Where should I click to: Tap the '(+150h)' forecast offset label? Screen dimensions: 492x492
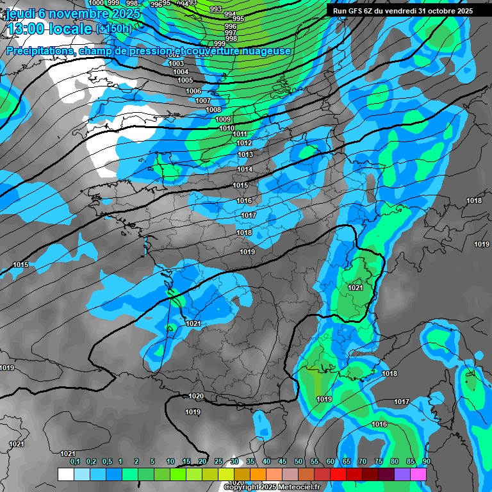pos(113,29)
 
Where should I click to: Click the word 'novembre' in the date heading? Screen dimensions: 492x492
pos(70,13)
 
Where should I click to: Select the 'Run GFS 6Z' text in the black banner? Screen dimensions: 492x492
pos(356,11)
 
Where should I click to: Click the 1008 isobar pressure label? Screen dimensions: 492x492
pos(213,110)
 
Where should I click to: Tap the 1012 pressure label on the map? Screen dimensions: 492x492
pos(244,143)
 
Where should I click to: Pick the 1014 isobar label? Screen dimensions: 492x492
pos(245,169)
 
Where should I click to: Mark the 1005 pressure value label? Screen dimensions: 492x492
pos(185,80)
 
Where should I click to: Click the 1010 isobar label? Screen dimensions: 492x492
pos(227,128)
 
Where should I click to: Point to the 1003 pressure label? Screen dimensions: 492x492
pos(176,63)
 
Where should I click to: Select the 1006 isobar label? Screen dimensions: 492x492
pos(193,92)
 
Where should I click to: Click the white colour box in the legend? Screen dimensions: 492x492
pos(65,474)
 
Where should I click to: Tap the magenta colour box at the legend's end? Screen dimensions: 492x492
pos(418,474)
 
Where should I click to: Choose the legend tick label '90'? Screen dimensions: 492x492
pos(426,461)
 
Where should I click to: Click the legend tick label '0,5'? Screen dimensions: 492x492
pos(106,461)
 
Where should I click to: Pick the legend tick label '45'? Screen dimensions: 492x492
pos(283,461)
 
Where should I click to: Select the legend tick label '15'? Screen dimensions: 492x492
pos(186,461)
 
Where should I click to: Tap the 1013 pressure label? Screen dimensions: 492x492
pos(245,154)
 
